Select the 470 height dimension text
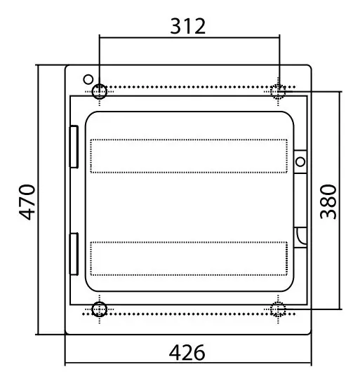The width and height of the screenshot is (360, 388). pyautogui.click(x=27, y=202)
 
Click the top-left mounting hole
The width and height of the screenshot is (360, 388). pyautogui.click(x=100, y=91)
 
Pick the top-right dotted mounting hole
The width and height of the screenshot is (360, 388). pyautogui.click(x=279, y=91)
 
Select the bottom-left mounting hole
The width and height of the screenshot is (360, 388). pyautogui.click(x=100, y=309)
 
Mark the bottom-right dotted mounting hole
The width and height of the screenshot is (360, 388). pyautogui.click(x=279, y=309)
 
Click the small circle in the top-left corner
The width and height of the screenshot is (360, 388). pyautogui.click(x=88, y=79)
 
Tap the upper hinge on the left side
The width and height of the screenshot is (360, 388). pyautogui.click(x=73, y=147)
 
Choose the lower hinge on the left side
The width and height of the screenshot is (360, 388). pyautogui.click(x=73, y=254)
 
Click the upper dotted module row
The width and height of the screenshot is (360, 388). pyautogui.click(x=188, y=156)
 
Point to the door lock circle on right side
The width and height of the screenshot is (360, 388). pyautogui.click(x=300, y=163)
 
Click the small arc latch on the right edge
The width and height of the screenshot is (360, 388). pyautogui.click(x=301, y=236)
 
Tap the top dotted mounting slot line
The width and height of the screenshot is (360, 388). pyautogui.click(x=188, y=86)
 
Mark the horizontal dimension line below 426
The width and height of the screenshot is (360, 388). pyautogui.click(x=188, y=363)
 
